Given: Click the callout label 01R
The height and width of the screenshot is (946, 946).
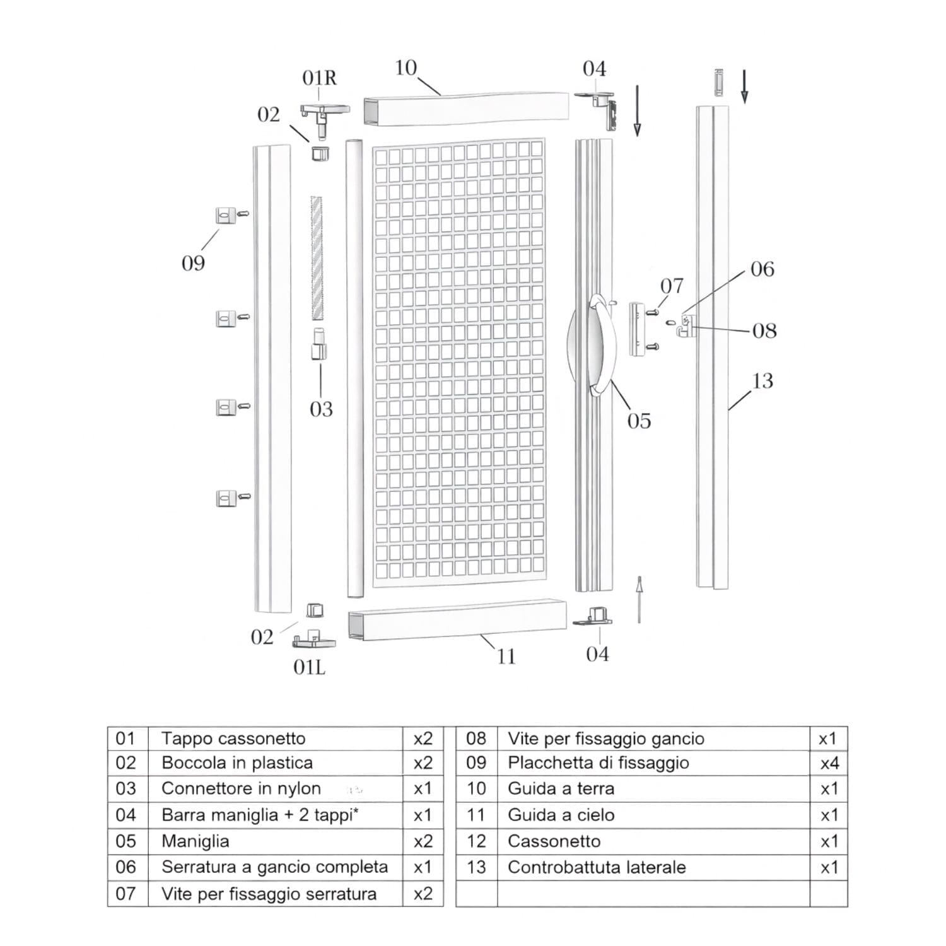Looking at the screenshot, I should (x=319, y=78).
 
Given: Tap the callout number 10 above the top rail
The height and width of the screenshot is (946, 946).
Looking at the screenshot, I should (x=406, y=68).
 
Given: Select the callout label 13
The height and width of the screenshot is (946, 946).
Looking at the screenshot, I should (x=762, y=381).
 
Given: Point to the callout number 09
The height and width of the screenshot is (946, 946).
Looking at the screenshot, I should (x=193, y=263).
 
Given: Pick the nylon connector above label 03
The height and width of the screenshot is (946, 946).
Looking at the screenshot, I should (x=320, y=344).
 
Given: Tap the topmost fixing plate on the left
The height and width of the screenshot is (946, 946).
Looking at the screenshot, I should (x=226, y=215).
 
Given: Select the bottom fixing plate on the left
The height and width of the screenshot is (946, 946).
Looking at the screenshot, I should (x=226, y=498).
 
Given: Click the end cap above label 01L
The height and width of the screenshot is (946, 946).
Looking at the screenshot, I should (x=313, y=639).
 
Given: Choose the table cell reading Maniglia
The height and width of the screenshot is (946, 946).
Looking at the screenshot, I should (x=196, y=841).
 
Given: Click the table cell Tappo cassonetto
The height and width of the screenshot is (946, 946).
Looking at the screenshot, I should (x=233, y=739).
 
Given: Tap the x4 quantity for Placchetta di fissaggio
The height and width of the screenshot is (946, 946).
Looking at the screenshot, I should (x=829, y=764).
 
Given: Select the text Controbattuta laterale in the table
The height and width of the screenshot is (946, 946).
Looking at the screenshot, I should (x=597, y=868).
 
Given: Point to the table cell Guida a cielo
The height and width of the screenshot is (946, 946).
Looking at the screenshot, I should (x=561, y=815).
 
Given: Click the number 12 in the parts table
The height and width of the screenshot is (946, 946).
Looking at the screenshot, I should (x=476, y=841).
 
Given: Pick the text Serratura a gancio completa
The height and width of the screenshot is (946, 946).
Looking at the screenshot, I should (x=274, y=867).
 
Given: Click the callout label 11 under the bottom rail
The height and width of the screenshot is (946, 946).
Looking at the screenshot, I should (x=506, y=657).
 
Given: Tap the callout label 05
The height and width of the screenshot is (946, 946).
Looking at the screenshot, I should (x=639, y=421).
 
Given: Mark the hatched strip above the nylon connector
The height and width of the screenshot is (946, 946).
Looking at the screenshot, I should (x=316, y=258).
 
